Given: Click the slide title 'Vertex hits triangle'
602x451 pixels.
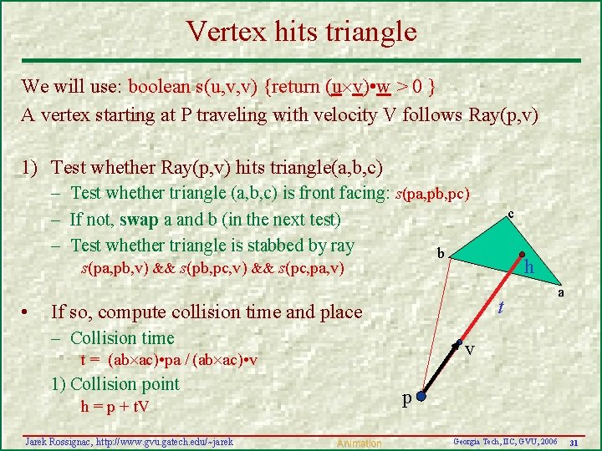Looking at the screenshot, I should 301,31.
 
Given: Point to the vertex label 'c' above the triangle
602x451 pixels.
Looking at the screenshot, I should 511,215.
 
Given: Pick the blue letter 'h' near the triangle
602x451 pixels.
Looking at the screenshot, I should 528,268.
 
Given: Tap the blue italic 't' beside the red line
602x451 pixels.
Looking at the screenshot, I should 500,307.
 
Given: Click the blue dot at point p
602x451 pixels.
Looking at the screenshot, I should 422,398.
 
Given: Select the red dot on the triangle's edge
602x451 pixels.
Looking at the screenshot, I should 520,256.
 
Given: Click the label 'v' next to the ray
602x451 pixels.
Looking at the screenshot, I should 471,349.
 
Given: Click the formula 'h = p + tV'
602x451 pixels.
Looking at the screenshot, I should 115,407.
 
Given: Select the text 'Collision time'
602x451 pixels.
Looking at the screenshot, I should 122,337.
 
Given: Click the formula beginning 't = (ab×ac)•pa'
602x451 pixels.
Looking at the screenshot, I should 168,360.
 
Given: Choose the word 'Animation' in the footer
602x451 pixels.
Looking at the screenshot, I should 359,443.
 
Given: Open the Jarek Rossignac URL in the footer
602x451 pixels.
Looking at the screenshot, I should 130,441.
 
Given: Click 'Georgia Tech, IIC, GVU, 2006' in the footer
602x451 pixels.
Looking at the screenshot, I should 504,440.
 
